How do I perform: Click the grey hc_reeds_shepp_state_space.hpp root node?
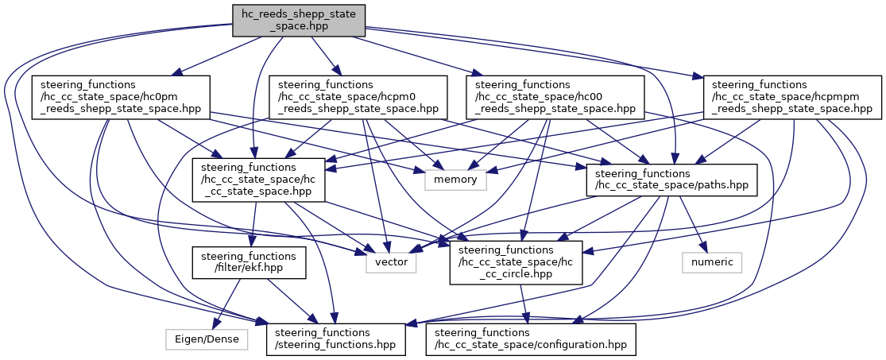point(299,21)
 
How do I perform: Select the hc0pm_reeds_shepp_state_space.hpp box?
point(121,97)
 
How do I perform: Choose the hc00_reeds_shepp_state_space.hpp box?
point(555,97)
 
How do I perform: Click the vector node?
point(391,262)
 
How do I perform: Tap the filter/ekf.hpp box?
point(248,262)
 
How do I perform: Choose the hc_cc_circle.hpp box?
point(517,262)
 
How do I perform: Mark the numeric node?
point(712,262)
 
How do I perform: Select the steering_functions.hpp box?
point(337,339)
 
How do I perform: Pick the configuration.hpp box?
point(531,339)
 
